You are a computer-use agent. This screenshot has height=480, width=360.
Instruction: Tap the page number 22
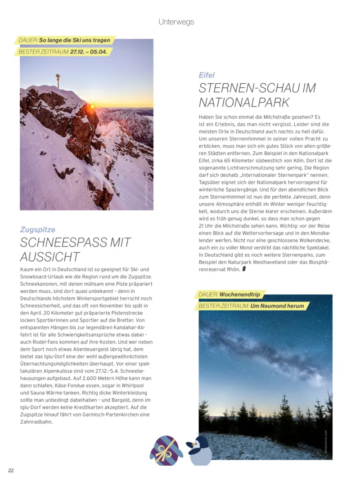pos(11,470)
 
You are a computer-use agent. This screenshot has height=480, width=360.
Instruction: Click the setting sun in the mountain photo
pos(92,107)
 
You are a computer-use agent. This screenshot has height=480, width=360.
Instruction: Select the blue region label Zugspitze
pos(38,229)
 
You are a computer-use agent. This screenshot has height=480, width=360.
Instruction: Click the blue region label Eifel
pos(207,75)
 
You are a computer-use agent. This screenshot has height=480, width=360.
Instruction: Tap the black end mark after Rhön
pos(244,269)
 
